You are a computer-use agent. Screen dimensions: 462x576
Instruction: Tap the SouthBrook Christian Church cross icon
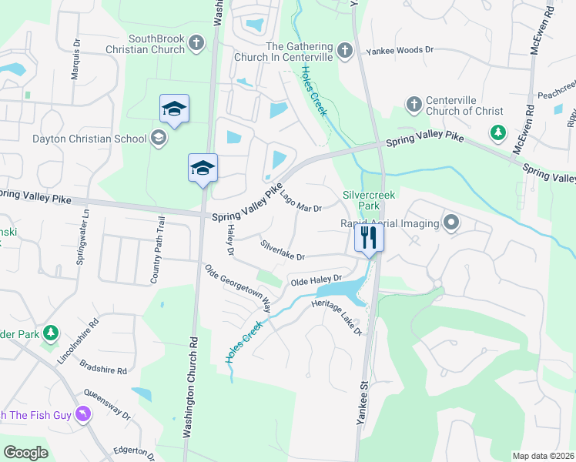(196, 42)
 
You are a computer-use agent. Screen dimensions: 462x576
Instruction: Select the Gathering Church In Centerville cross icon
(344, 51)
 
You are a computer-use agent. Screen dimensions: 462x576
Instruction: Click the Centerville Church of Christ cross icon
(414, 103)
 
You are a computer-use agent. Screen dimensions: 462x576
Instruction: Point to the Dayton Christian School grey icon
(159, 139)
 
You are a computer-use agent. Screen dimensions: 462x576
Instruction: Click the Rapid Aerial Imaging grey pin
(451, 224)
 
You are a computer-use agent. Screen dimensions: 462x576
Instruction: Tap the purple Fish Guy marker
(83, 415)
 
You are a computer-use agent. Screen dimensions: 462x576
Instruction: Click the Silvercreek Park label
(369, 201)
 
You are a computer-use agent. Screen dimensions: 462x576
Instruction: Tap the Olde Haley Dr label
(316, 281)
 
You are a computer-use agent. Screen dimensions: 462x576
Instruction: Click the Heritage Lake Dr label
(337, 316)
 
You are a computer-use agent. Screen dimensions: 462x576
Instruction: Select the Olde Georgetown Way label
(239, 287)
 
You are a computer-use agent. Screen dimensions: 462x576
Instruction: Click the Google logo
(26, 453)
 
